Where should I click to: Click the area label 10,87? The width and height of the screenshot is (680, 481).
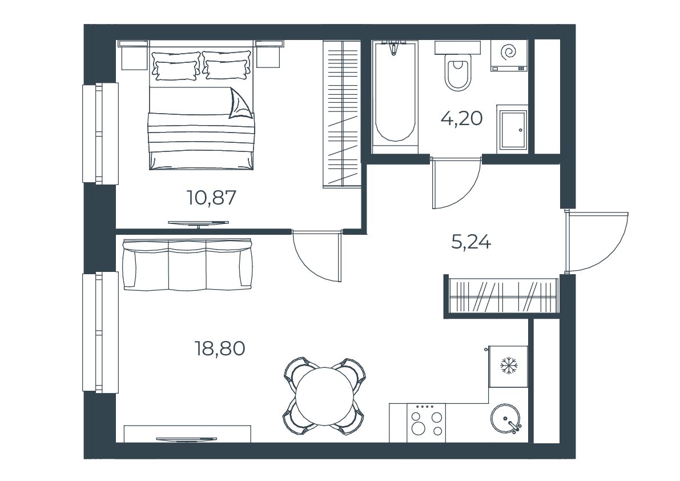pyautogui.click(x=211, y=198)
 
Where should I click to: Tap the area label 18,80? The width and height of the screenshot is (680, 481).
pyautogui.click(x=220, y=348)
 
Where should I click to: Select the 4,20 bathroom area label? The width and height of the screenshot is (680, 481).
pyautogui.click(x=461, y=118)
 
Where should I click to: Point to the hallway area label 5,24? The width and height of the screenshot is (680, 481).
pyautogui.click(x=471, y=242)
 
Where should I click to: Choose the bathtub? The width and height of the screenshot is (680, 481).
pyautogui.click(x=395, y=97)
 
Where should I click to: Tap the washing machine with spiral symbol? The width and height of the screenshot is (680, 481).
pyautogui.click(x=509, y=55)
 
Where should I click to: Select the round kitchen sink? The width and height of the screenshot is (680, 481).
pyautogui.click(x=505, y=419)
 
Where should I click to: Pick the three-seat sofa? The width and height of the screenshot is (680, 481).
pyautogui.click(x=188, y=264)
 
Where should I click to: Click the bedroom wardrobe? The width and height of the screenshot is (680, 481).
pyautogui.click(x=342, y=114)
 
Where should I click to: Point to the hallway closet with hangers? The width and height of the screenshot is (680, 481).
pyautogui.click(x=503, y=295)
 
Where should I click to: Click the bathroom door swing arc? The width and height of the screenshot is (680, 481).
pyautogui.click(x=468, y=194)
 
